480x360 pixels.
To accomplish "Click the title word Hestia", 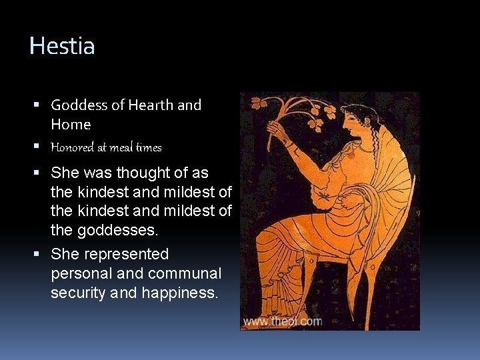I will click(x=62, y=46).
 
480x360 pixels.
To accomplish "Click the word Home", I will click(x=71, y=125).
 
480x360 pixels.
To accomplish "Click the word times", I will click(x=149, y=147).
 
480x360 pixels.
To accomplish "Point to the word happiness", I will click(x=179, y=293).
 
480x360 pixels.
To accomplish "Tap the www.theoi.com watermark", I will click(x=282, y=321).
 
